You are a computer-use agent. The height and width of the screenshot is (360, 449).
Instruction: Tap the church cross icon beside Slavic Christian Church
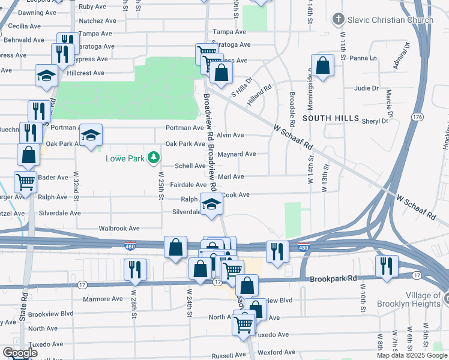(x=339, y=20)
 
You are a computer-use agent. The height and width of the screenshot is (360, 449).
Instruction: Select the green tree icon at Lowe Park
(x=154, y=158)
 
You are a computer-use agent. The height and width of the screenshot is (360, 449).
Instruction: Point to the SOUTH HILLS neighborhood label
(x=327, y=119)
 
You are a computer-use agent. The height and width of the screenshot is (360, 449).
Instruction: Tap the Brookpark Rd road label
(x=333, y=279)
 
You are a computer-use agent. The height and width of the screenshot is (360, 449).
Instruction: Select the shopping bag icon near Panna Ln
(x=323, y=67)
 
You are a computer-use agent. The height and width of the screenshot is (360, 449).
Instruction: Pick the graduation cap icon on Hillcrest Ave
(x=46, y=76)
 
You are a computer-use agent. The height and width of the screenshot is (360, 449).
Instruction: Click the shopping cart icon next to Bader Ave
(x=25, y=182)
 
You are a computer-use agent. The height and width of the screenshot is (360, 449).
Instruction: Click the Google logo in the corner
(x=20, y=353)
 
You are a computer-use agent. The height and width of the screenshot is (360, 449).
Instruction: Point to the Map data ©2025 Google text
(x=412, y=355)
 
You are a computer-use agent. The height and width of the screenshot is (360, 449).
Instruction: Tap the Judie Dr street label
(x=366, y=88)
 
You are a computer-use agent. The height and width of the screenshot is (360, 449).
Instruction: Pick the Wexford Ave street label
(x=277, y=352)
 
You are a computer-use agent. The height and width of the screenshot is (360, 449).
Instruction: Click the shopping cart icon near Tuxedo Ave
(x=244, y=325)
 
